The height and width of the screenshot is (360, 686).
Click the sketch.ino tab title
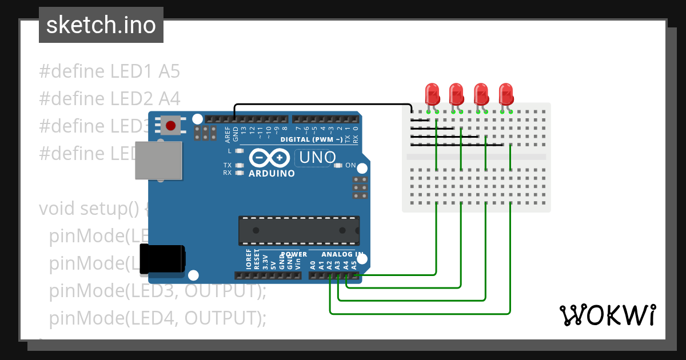coord(101,25)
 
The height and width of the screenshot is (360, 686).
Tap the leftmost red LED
coord(432,93)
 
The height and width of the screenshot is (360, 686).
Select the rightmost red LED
coord(506,93)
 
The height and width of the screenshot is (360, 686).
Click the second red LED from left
coord(456,93)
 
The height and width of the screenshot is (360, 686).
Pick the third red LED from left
coord(481,93)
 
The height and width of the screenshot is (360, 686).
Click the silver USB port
coord(158,161)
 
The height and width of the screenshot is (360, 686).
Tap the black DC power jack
coord(162,258)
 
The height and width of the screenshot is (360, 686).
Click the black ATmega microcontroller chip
coord(299,230)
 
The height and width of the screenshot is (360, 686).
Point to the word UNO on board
coord(314,157)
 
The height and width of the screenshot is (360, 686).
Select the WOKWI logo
coord(607,315)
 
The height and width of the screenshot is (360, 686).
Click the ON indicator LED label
coord(350,166)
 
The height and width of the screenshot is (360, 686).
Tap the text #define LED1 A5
coord(109,71)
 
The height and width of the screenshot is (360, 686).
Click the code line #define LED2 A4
coord(109,99)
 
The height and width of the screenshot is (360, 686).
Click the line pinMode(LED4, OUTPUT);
coord(158,318)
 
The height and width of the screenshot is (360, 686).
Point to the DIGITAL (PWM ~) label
coord(312,139)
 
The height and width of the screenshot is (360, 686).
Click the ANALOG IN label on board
coord(342,254)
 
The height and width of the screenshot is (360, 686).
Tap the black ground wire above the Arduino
coord(320,105)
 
